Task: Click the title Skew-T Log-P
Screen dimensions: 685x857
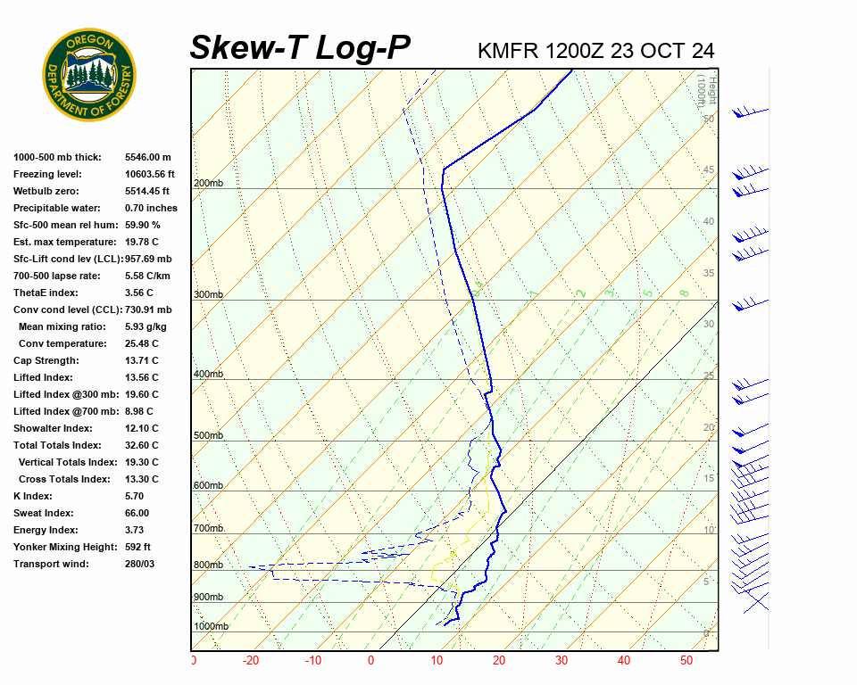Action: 300,47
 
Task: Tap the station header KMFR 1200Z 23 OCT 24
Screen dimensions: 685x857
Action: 596,51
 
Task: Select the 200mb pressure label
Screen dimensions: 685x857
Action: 208,184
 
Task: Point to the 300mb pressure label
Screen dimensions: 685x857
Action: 208,294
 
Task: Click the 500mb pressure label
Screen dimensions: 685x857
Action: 208,435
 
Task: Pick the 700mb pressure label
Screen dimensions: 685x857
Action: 208,529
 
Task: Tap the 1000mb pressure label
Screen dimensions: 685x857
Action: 211,626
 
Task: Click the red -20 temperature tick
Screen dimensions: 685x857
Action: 251,661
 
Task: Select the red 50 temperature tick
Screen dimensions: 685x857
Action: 686,661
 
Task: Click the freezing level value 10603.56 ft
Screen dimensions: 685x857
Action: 150,174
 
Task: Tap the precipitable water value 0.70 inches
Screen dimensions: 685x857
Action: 151,208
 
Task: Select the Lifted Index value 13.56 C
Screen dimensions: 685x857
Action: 141,377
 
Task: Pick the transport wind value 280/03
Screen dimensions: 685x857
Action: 139,564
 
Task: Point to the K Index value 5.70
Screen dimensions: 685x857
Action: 137,496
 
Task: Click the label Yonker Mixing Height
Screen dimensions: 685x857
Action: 61,547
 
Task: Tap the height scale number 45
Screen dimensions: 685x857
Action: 709,170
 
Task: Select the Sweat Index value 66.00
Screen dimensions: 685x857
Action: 137,513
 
